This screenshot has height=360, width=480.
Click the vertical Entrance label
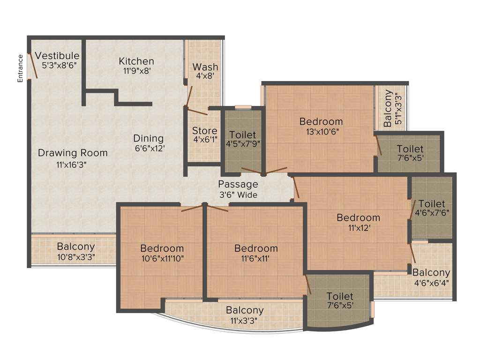(x=20, y=68)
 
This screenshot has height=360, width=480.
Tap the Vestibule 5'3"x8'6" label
(x=57, y=61)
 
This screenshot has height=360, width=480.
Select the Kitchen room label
(x=136, y=66)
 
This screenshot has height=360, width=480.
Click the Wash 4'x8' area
(x=205, y=71)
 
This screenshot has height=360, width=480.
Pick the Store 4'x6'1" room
(x=205, y=135)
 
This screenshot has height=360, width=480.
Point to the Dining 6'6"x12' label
(x=149, y=143)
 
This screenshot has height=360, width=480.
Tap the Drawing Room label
(x=73, y=157)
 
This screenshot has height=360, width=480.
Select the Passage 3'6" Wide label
(x=238, y=189)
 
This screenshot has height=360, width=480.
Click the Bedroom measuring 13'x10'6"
(x=321, y=126)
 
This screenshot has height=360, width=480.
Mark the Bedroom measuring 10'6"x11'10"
(x=162, y=253)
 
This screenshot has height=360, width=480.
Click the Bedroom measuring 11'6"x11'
(x=256, y=253)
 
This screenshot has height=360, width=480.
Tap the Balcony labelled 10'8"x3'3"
(x=75, y=251)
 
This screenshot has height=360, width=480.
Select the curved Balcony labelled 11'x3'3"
(x=245, y=315)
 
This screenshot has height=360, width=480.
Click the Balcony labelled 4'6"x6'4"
(x=431, y=277)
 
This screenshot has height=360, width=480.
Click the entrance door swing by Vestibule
(x=33, y=66)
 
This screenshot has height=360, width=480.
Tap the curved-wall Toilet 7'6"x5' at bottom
(x=340, y=300)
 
